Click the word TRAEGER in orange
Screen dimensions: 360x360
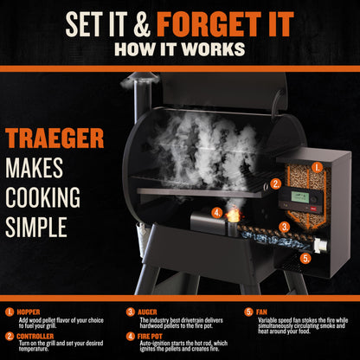55,138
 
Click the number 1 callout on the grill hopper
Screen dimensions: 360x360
317,165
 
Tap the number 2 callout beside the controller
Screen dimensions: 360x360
275,183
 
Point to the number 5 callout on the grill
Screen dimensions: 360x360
305,257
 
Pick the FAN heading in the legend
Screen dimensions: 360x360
261,311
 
